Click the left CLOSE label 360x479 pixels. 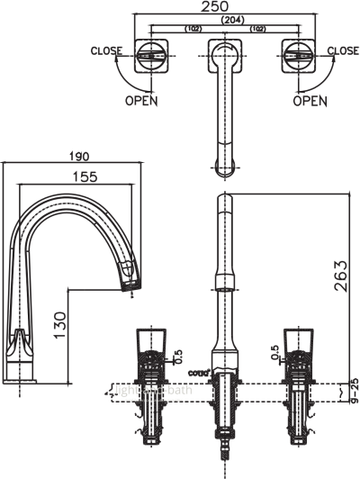[x=106, y=51]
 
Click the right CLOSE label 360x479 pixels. [x=343, y=51]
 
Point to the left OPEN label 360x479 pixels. [x=141, y=101]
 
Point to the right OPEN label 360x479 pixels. [x=310, y=101]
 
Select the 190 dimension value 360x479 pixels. [x=77, y=155]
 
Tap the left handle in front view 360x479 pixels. [x=149, y=345]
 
